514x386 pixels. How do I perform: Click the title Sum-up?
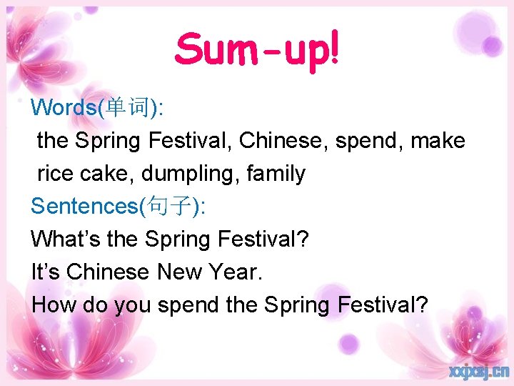(258, 50)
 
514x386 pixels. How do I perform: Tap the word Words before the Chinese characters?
(65, 108)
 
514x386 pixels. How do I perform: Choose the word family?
(276, 174)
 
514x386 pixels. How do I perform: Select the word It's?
(46, 272)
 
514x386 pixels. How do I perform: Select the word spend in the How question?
(189, 306)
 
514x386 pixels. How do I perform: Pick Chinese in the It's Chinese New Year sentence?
(108, 272)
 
